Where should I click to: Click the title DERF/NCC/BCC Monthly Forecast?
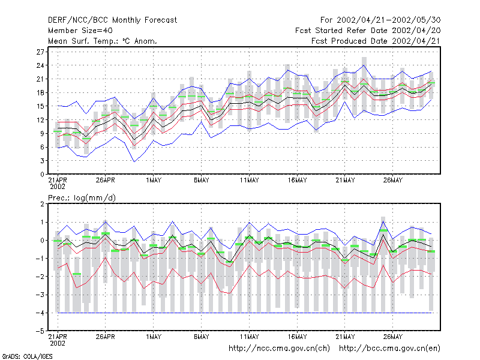click(112, 20)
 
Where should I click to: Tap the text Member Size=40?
click(80, 31)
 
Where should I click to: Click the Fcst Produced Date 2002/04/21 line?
click(376, 41)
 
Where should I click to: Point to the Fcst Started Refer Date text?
click(342, 31)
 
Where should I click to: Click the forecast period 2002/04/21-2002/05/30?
click(388, 20)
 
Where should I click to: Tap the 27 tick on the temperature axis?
click(40, 52)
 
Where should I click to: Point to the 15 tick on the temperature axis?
click(40, 106)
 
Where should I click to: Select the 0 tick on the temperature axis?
click(42, 174)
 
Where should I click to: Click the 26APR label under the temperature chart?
click(106, 180)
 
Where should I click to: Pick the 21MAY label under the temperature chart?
click(345, 180)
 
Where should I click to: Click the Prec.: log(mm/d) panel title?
click(82, 198)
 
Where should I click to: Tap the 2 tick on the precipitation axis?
click(42, 204)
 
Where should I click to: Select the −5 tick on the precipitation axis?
click(40, 331)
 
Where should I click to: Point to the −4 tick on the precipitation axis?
click(40, 313)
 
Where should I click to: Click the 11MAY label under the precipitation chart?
click(249, 337)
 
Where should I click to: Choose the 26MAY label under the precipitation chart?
click(393, 337)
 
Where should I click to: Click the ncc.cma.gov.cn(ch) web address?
click(279, 349)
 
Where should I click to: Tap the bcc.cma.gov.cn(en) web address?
click(389, 349)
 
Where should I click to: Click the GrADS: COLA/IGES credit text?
click(27, 356)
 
